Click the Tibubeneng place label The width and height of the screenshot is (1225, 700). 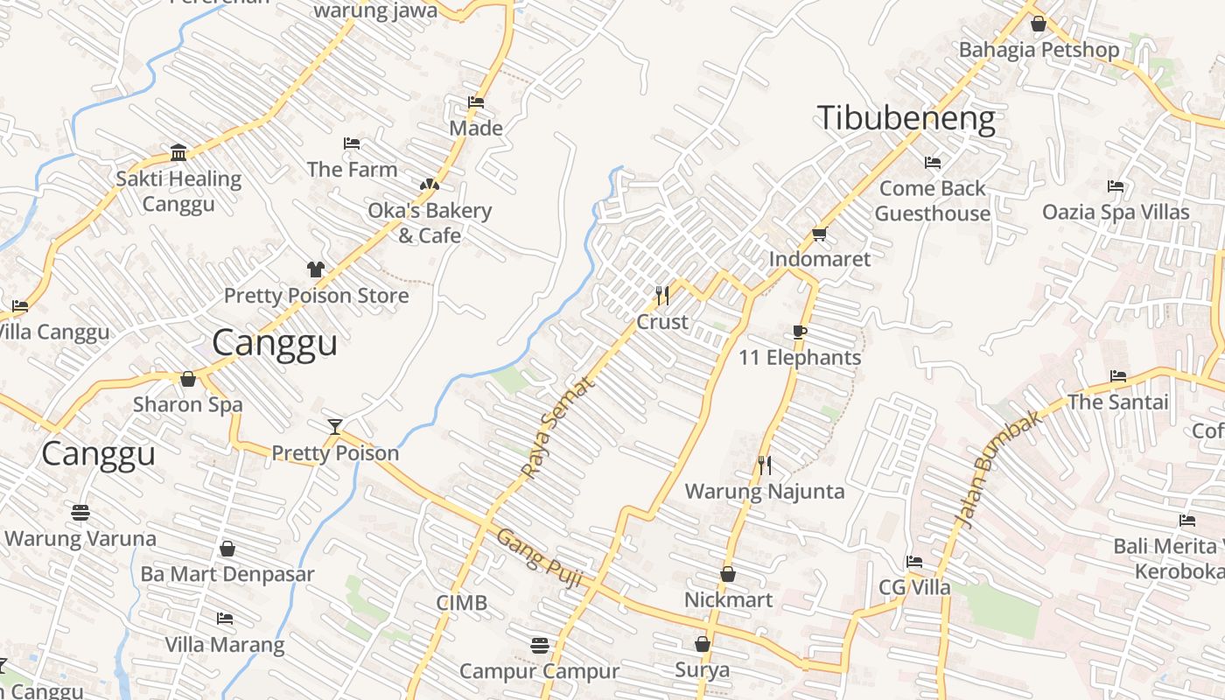click(x=906, y=119)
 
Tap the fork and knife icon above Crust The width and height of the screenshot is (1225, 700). click(x=662, y=296)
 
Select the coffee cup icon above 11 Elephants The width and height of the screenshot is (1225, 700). click(x=799, y=332)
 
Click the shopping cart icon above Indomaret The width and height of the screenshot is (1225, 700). click(x=819, y=234)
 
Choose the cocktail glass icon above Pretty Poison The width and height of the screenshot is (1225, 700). click(x=334, y=427)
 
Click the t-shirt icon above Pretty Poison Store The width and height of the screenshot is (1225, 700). click(x=315, y=269)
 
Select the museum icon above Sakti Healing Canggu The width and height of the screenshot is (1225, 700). click(x=178, y=153)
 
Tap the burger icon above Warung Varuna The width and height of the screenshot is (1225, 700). click(x=80, y=513)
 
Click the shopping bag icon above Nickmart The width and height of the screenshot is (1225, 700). click(x=728, y=574)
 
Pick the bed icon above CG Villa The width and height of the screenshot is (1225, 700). click(x=914, y=561)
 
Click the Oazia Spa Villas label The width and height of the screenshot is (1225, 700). click(x=1116, y=212)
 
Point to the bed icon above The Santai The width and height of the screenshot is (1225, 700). click(x=1117, y=376)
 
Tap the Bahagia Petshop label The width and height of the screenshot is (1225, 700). click(x=1039, y=50)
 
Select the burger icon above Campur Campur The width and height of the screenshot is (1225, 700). click(x=540, y=646)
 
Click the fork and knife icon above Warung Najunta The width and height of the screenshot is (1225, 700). click(x=765, y=465)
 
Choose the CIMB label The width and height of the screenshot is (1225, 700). click(x=462, y=603)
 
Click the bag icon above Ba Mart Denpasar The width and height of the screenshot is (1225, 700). click(x=227, y=549)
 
